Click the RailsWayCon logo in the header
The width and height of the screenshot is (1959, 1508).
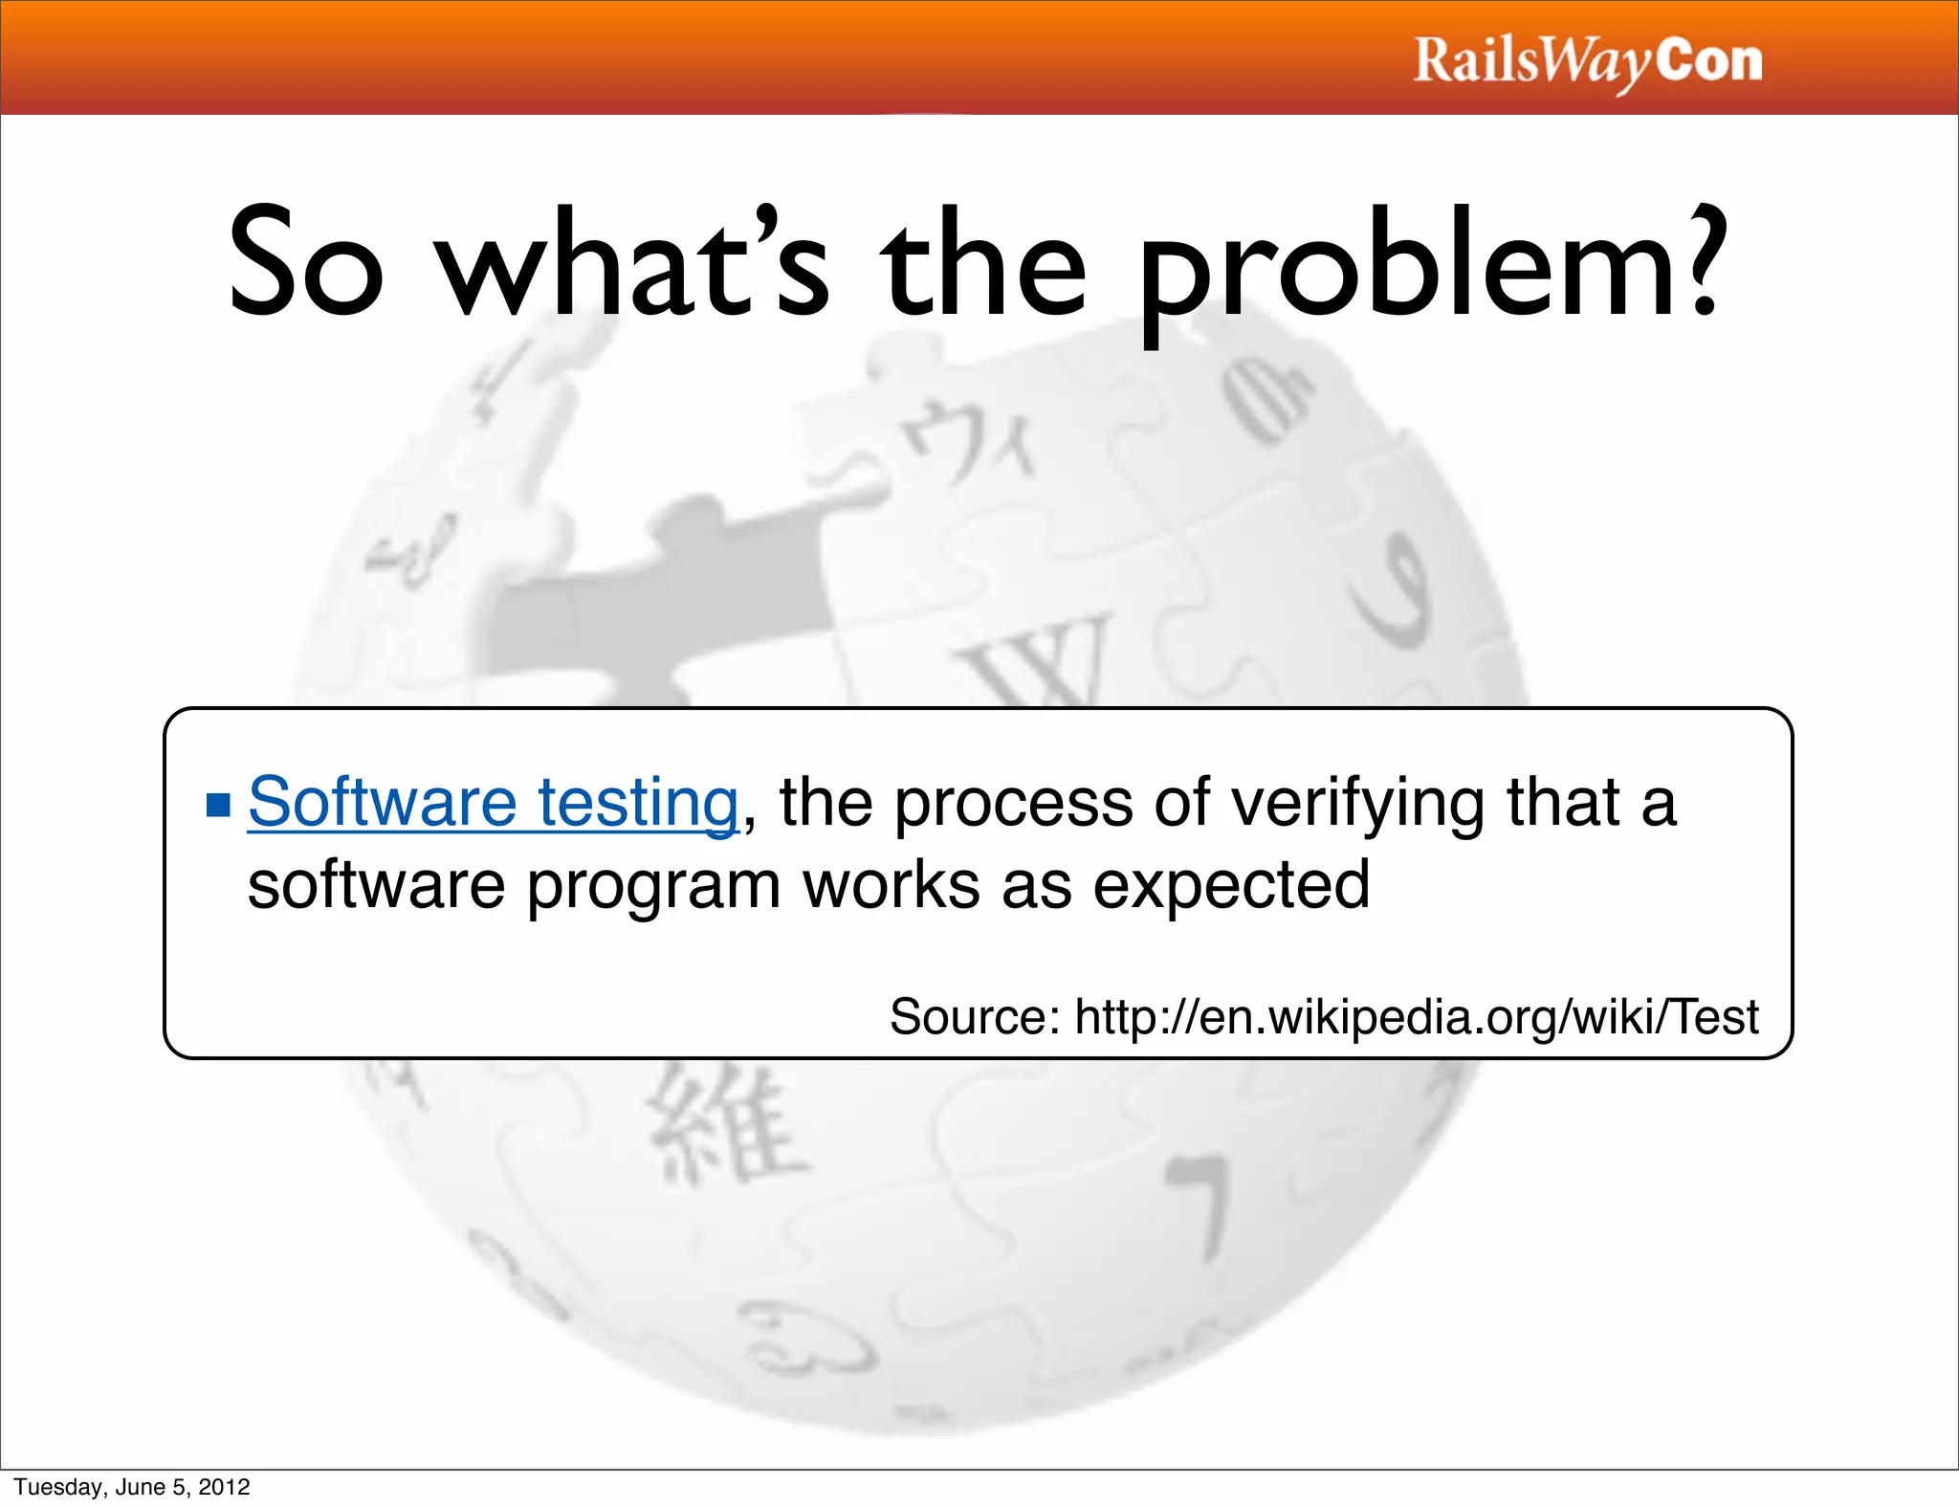1587,61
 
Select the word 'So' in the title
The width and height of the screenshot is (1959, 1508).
306,263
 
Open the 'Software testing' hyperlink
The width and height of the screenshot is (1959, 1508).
493,802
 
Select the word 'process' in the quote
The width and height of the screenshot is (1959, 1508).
1013,804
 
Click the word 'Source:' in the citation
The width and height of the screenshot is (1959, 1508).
974,1016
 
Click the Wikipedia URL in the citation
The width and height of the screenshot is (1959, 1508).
1417,1016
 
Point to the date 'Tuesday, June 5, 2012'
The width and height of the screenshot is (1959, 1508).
132,1487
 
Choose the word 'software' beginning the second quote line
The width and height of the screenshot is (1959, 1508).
376,885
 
